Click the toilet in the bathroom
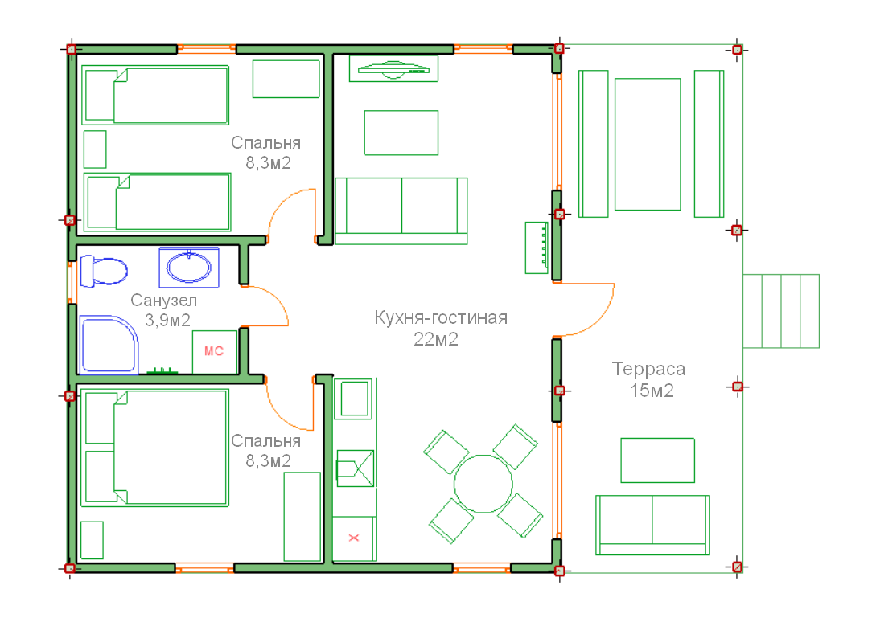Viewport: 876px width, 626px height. click(x=103, y=271)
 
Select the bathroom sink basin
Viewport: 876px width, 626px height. click(x=189, y=268)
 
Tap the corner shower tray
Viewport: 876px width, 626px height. click(x=109, y=345)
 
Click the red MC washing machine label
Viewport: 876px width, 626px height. click(x=214, y=351)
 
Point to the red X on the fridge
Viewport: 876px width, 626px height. click(x=354, y=538)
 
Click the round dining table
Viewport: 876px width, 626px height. click(x=483, y=484)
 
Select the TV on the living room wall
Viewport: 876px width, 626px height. click(x=393, y=68)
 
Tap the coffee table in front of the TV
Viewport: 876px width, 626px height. click(x=401, y=133)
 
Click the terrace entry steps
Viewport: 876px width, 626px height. click(x=781, y=311)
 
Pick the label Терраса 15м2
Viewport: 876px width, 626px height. click(x=649, y=379)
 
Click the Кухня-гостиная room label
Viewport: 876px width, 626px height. click(x=441, y=317)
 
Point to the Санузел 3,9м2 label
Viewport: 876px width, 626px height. click(x=164, y=310)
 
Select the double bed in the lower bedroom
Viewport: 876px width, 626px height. click(x=154, y=448)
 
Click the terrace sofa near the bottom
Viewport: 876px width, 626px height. click(x=652, y=525)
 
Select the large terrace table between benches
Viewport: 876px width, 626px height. click(x=648, y=144)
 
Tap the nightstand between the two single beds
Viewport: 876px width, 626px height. click(x=95, y=149)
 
